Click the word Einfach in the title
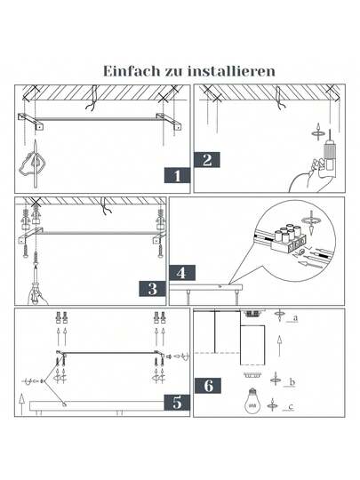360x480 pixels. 132,70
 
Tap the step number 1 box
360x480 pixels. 178,175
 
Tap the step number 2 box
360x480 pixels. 207,160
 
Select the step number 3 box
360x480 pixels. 152,288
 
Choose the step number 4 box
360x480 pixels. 181,273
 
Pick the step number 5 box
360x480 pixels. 178,402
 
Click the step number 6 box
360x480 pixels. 208,386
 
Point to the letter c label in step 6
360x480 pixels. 293,408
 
